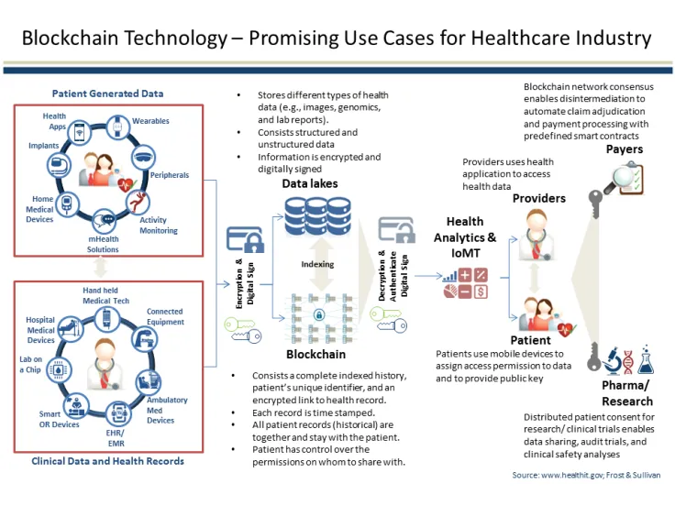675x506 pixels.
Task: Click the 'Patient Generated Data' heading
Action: coord(107,93)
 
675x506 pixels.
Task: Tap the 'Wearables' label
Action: coord(150,121)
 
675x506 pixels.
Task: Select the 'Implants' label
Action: coord(43,146)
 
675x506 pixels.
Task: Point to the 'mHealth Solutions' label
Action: coord(103,245)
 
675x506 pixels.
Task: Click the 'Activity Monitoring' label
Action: coord(159,225)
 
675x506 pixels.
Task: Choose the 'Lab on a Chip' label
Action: coord(31,366)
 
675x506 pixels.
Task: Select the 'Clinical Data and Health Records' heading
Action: coord(107,461)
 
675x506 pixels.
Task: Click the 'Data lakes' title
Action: coord(309,183)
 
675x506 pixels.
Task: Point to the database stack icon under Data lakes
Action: coord(308,217)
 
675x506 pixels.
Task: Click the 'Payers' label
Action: coord(625,149)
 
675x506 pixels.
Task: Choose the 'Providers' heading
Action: coord(538,198)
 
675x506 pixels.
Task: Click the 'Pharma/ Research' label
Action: coord(627,393)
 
